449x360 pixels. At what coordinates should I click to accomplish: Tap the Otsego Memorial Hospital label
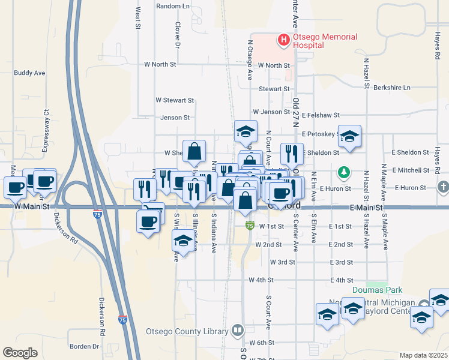click(325, 41)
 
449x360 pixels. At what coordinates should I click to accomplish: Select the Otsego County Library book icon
click(238, 331)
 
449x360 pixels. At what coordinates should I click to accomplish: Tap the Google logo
click(20, 352)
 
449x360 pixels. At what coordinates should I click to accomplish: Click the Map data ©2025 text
click(423, 355)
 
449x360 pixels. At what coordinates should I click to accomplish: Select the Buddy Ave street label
click(29, 73)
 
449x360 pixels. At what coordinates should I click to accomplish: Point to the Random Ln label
click(172, 6)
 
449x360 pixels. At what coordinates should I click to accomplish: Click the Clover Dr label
click(178, 35)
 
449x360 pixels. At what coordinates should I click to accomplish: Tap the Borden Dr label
click(84, 346)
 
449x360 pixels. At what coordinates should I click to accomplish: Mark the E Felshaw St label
click(321, 115)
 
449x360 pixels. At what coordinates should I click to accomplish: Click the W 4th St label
click(261, 280)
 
